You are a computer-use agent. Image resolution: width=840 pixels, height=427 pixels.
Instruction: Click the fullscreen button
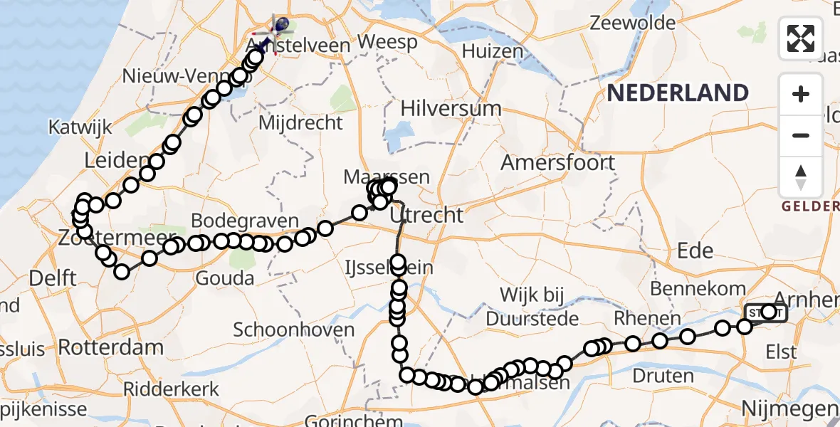(x=801, y=38)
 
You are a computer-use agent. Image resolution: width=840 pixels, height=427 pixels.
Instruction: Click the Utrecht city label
(x=427, y=214)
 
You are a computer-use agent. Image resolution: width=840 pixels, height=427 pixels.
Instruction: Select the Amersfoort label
(x=557, y=162)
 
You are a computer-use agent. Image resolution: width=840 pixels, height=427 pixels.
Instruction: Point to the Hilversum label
(x=451, y=109)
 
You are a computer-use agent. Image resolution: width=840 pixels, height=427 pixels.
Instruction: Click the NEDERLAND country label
(x=678, y=93)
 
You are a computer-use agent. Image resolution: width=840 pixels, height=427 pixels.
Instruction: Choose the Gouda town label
(x=224, y=278)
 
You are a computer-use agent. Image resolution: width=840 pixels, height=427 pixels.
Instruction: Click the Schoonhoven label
(x=294, y=330)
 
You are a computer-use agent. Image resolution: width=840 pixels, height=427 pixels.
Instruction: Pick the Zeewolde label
(x=632, y=23)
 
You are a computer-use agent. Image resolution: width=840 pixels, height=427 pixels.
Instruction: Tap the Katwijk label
(x=80, y=127)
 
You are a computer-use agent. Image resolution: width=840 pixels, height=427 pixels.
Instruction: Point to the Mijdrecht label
(x=300, y=122)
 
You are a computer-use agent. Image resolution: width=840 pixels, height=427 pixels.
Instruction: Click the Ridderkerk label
(x=171, y=389)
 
